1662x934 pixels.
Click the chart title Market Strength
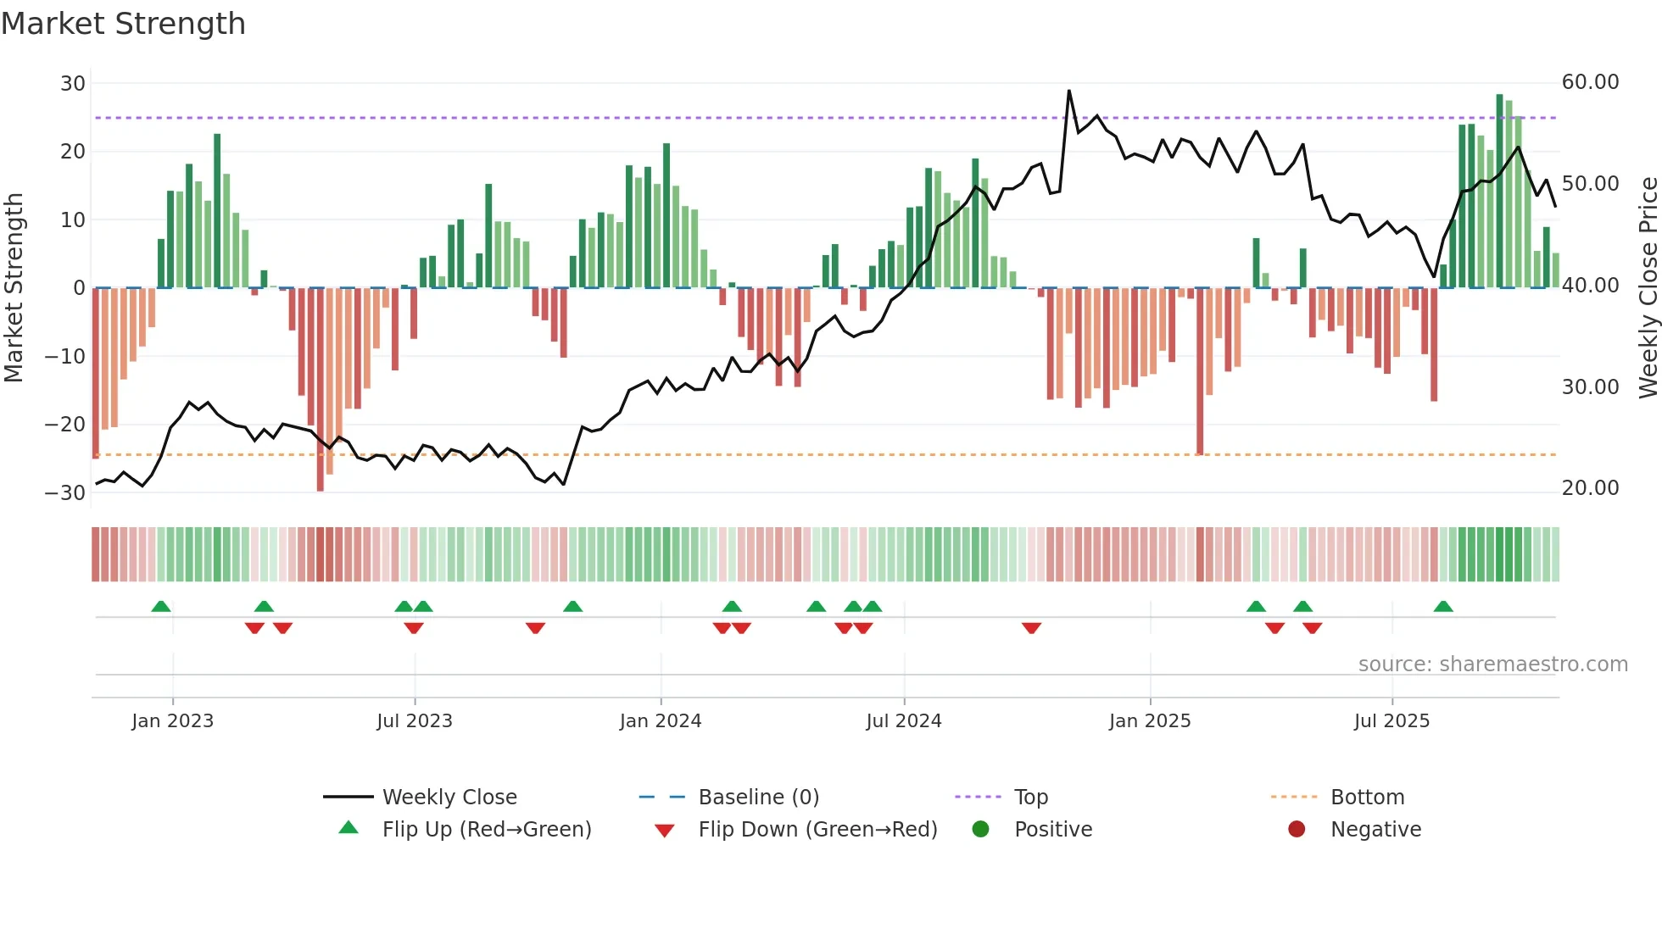click(x=123, y=24)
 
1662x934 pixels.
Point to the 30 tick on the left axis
click(x=73, y=83)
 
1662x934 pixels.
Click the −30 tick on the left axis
click(x=66, y=492)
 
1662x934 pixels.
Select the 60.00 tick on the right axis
click(x=1590, y=82)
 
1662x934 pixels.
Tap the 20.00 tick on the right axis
click(x=1590, y=488)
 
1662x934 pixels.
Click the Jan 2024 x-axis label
click(x=661, y=721)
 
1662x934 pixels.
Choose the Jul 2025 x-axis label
click(x=1392, y=721)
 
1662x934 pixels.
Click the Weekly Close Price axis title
click(x=1648, y=287)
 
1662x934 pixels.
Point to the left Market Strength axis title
click(x=14, y=287)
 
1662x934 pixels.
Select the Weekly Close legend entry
click(x=449, y=798)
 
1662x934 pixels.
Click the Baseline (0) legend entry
click(x=758, y=798)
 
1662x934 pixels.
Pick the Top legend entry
click(x=1031, y=798)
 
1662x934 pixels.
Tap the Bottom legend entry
click(x=1367, y=798)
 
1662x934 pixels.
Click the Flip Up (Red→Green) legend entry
click(x=486, y=830)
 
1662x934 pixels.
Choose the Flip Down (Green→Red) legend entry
click(x=817, y=830)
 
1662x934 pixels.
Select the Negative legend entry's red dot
click(x=1297, y=829)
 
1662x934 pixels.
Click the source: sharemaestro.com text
click(x=1492, y=664)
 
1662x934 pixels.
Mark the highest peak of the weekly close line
click(x=1068, y=91)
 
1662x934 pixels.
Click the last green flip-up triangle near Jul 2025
click(x=1443, y=606)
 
